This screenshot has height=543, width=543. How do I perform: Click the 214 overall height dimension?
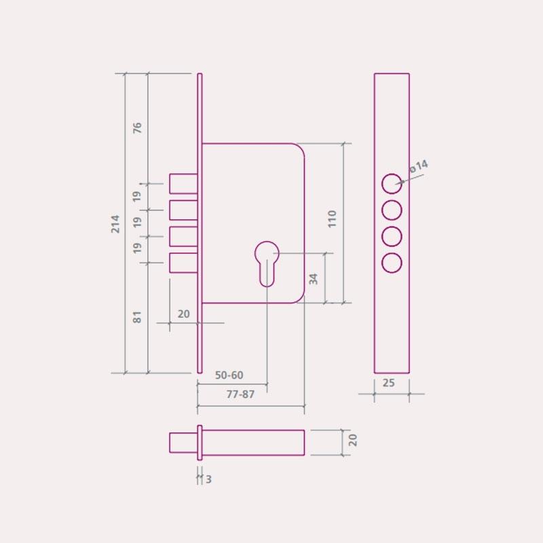[x=115, y=224]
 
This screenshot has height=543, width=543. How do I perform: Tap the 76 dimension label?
[x=138, y=128]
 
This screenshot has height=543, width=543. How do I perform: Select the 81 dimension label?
[x=138, y=317]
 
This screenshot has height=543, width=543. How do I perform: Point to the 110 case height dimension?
[x=332, y=219]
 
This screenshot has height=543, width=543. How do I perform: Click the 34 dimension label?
[x=314, y=279]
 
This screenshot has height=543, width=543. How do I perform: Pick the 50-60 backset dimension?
[x=229, y=375]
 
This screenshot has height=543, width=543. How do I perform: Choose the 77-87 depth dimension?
[x=240, y=394]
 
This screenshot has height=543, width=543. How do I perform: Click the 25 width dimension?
[x=388, y=383]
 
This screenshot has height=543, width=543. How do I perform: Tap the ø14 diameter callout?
[x=418, y=166]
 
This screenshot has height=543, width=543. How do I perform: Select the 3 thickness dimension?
[x=208, y=479]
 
